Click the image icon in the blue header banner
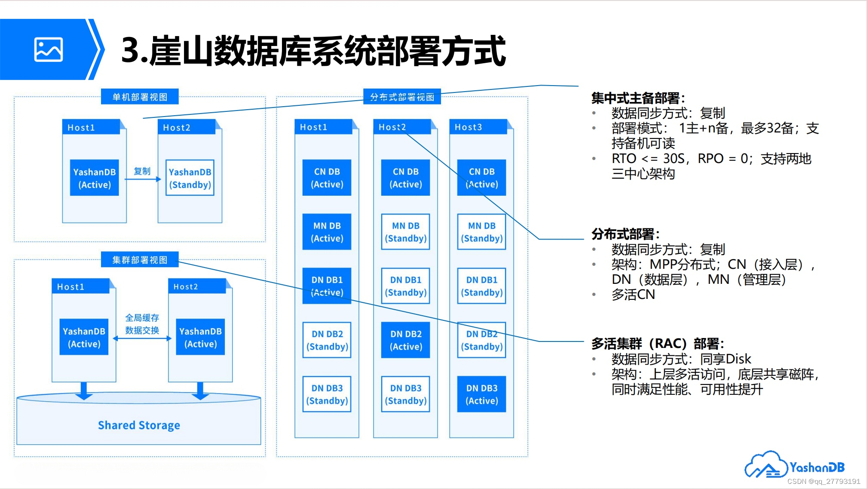coord(48,49)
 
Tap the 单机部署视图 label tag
coord(140,97)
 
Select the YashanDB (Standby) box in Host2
coord(190,178)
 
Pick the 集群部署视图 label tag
coord(140,260)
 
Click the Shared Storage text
coord(139,425)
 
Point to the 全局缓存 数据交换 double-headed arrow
coord(142,338)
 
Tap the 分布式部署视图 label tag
coord(402,97)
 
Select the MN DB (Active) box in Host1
coord(327,232)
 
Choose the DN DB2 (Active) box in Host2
coord(405,340)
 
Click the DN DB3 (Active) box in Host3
coord(481,394)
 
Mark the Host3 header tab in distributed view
coord(478,127)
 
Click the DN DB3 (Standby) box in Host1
coord(327,394)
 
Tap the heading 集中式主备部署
coord(637,98)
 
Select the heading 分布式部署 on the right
coord(625,234)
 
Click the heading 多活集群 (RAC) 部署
coord(657,343)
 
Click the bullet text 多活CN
coord(633,295)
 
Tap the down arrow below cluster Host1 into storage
coord(84,391)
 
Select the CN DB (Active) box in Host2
coord(405,178)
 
